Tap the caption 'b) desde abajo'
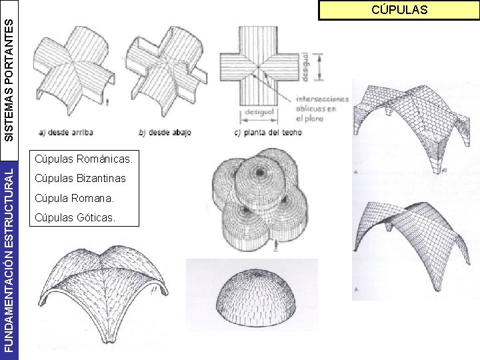pos(164,132)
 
